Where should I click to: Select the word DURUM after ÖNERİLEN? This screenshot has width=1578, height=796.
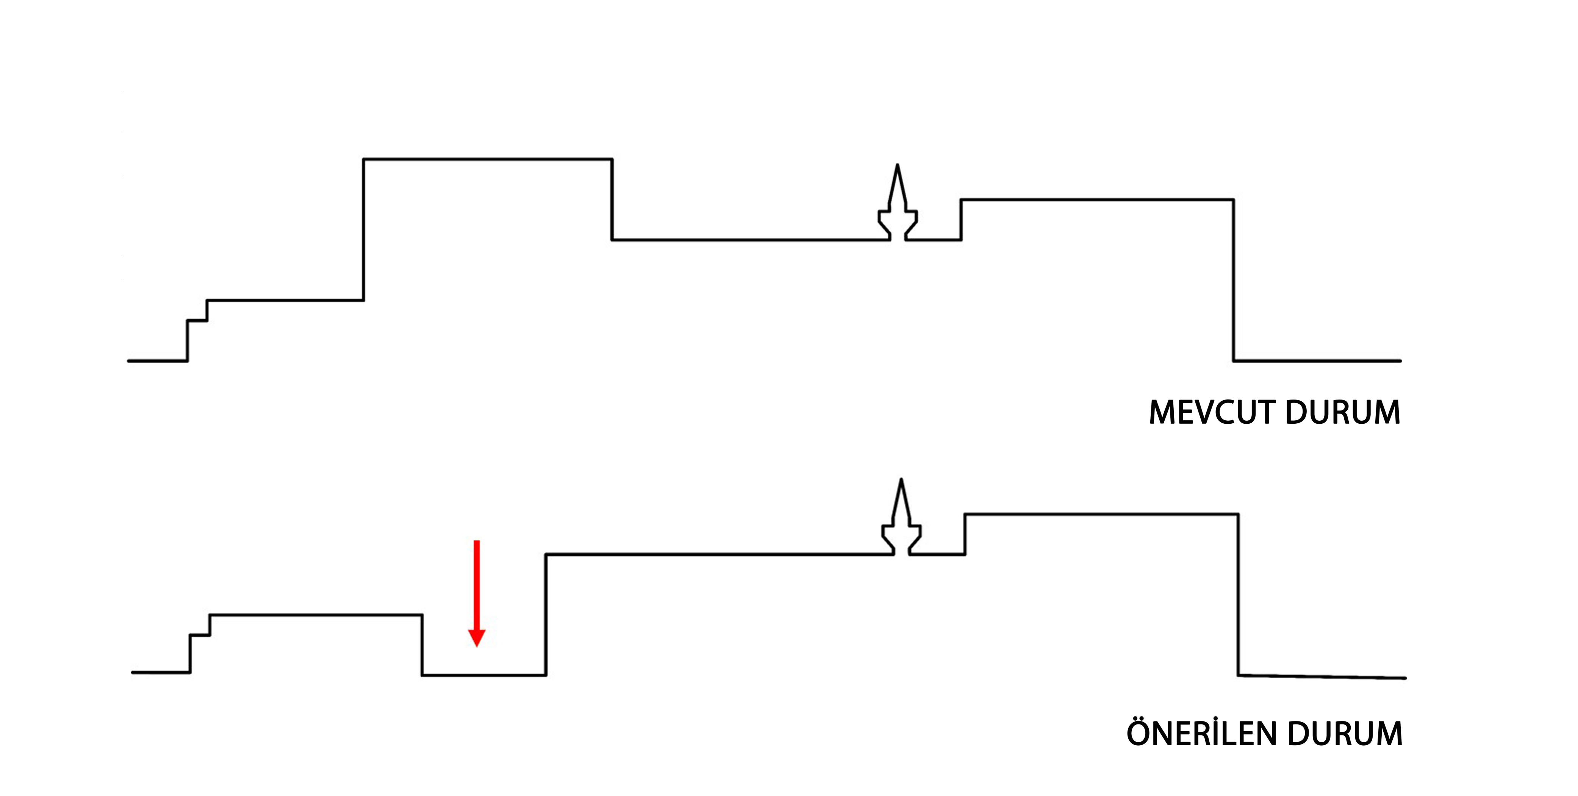tap(1345, 734)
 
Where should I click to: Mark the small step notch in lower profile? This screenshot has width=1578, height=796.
tap(200, 635)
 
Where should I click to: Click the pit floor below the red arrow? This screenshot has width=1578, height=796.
tap(484, 675)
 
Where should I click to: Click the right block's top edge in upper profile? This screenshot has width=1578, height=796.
tap(1097, 200)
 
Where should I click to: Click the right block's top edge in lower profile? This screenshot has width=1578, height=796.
tap(1101, 514)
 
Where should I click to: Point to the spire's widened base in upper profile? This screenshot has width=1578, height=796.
tap(898, 223)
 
